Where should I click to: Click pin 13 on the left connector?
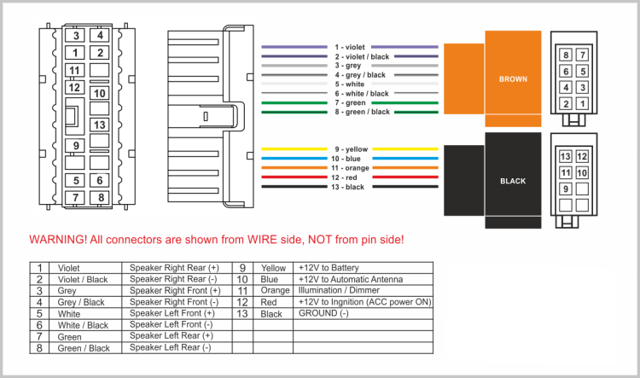click(x=100, y=125)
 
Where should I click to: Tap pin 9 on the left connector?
click(x=77, y=145)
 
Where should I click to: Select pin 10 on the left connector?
click(x=100, y=93)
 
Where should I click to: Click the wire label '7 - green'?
click(x=350, y=102)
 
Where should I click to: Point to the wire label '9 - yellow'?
click(x=351, y=149)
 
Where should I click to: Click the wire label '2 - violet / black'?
click(x=362, y=56)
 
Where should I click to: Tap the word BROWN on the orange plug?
click(x=513, y=79)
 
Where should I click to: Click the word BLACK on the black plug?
click(x=513, y=181)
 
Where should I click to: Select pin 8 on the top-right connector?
click(x=566, y=55)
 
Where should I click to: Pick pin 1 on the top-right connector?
click(x=582, y=103)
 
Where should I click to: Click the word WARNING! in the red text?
click(x=59, y=240)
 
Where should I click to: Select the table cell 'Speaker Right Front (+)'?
click(x=174, y=290)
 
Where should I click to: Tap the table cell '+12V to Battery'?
click(x=329, y=268)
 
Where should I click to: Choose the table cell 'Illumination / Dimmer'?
click(x=338, y=290)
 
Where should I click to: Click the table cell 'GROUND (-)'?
click(x=324, y=313)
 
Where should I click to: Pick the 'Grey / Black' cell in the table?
click(x=83, y=302)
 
